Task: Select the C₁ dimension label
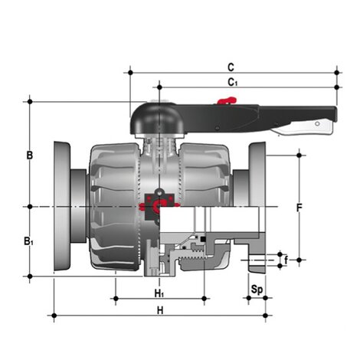point(233,81)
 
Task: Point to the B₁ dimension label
point(29,241)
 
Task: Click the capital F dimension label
point(299,208)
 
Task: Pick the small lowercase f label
point(286,260)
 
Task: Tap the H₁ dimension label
point(159,293)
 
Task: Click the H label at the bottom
point(160,310)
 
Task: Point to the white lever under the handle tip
point(310,126)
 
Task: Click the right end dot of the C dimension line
point(338,72)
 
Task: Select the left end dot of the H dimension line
point(53,315)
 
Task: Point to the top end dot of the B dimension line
point(29,100)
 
